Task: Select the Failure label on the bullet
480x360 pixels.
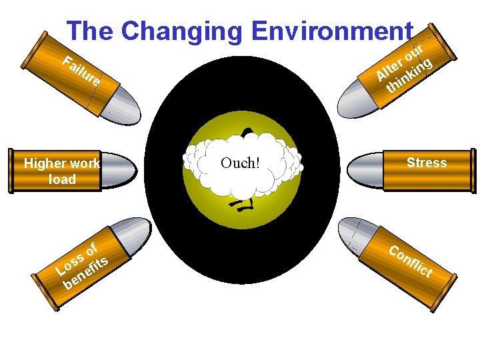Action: coord(81,72)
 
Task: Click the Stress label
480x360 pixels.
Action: coord(427,163)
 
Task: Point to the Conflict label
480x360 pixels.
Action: coord(411,262)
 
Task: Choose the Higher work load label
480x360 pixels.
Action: coord(61,171)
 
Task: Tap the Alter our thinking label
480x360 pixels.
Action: coord(405,69)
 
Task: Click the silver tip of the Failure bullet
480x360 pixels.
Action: coord(123,103)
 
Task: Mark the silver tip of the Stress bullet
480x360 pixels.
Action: coord(365,170)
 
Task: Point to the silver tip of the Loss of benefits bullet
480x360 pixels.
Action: coord(133,233)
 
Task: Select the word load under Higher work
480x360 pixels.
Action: coord(62,179)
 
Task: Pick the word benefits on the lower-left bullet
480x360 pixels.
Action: coord(87,273)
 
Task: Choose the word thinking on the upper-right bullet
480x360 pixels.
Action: coord(411,76)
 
